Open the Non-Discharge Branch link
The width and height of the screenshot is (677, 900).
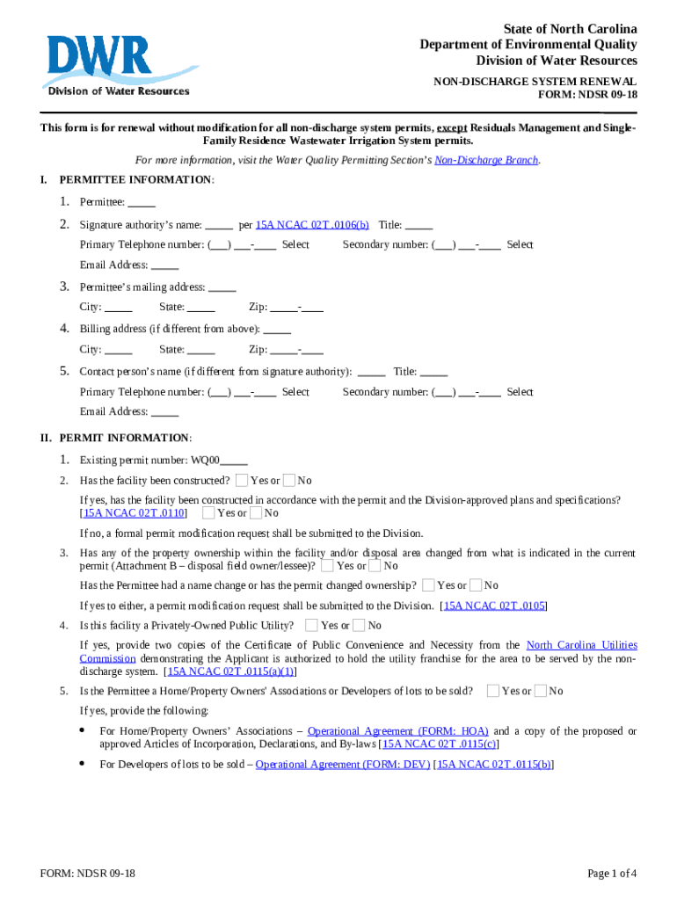click(x=486, y=160)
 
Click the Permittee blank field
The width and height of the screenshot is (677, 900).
click(x=142, y=202)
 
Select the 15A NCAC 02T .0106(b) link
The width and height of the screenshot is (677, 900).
click(x=312, y=225)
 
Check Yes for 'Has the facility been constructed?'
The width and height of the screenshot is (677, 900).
click(x=242, y=481)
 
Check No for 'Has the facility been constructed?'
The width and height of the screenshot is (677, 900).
click(x=288, y=481)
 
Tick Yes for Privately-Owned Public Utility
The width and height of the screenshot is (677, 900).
click(x=311, y=625)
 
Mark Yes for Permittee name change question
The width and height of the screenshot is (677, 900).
click(x=428, y=585)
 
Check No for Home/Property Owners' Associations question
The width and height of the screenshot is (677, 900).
click(x=540, y=691)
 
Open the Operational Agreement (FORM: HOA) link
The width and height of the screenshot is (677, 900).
click(x=398, y=731)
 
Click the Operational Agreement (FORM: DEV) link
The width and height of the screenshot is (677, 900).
click(x=343, y=765)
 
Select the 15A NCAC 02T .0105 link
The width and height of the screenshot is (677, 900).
click(x=495, y=606)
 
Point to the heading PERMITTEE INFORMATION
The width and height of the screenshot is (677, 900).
click(x=135, y=180)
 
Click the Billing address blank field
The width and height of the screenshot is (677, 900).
click(x=277, y=330)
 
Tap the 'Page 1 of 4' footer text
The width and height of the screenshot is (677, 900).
click(x=612, y=874)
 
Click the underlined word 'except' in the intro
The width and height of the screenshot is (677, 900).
click(x=452, y=128)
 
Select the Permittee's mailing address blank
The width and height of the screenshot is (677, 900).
click(x=222, y=287)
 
